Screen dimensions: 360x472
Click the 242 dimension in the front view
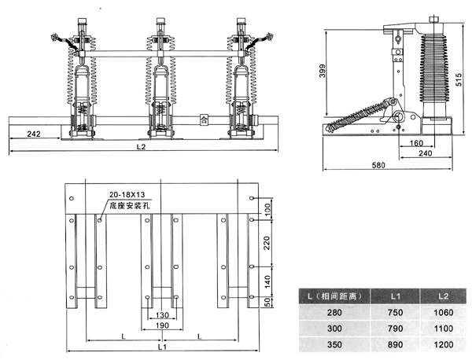tap(33, 134)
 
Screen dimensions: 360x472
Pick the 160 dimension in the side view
tap(415, 143)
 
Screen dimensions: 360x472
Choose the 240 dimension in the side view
tap(426, 154)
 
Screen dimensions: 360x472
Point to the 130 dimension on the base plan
tap(160, 315)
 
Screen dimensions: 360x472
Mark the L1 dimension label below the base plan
tap(160, 346)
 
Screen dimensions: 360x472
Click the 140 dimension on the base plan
tap(267, 280)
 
